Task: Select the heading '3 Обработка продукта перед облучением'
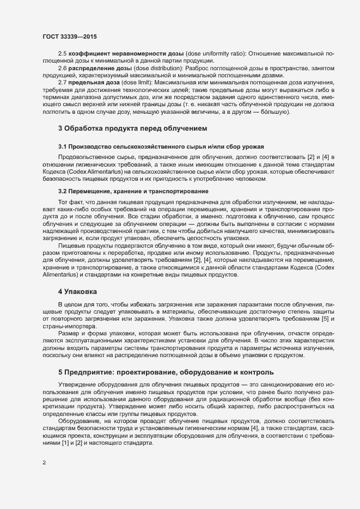click(x=133, y=129)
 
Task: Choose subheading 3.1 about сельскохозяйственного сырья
click(x=161, y=147)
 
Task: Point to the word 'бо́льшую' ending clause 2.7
click(x=276, y=112)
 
